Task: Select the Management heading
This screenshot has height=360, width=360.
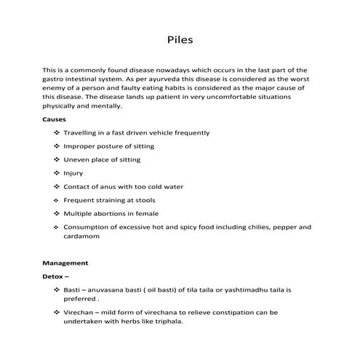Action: pyautogui.click(x=65, y=263)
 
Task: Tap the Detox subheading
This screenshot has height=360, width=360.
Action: pyautogui.click(x=55, y=276)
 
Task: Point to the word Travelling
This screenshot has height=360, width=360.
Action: pyautogui.click(x=82, y=133)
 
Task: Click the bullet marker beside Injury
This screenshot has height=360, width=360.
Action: pyautogui.click(x=57, y=173)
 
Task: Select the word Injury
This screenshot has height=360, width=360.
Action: pyautogui.click(x=73, y=173)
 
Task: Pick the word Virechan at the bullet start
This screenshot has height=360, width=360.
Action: pyautogui.click(x=81, y=312)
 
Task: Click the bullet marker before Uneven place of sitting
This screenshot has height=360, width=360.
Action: pyautogui.click(x=57, y=160)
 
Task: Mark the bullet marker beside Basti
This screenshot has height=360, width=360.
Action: pyautogui.click(x=57, y=289)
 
